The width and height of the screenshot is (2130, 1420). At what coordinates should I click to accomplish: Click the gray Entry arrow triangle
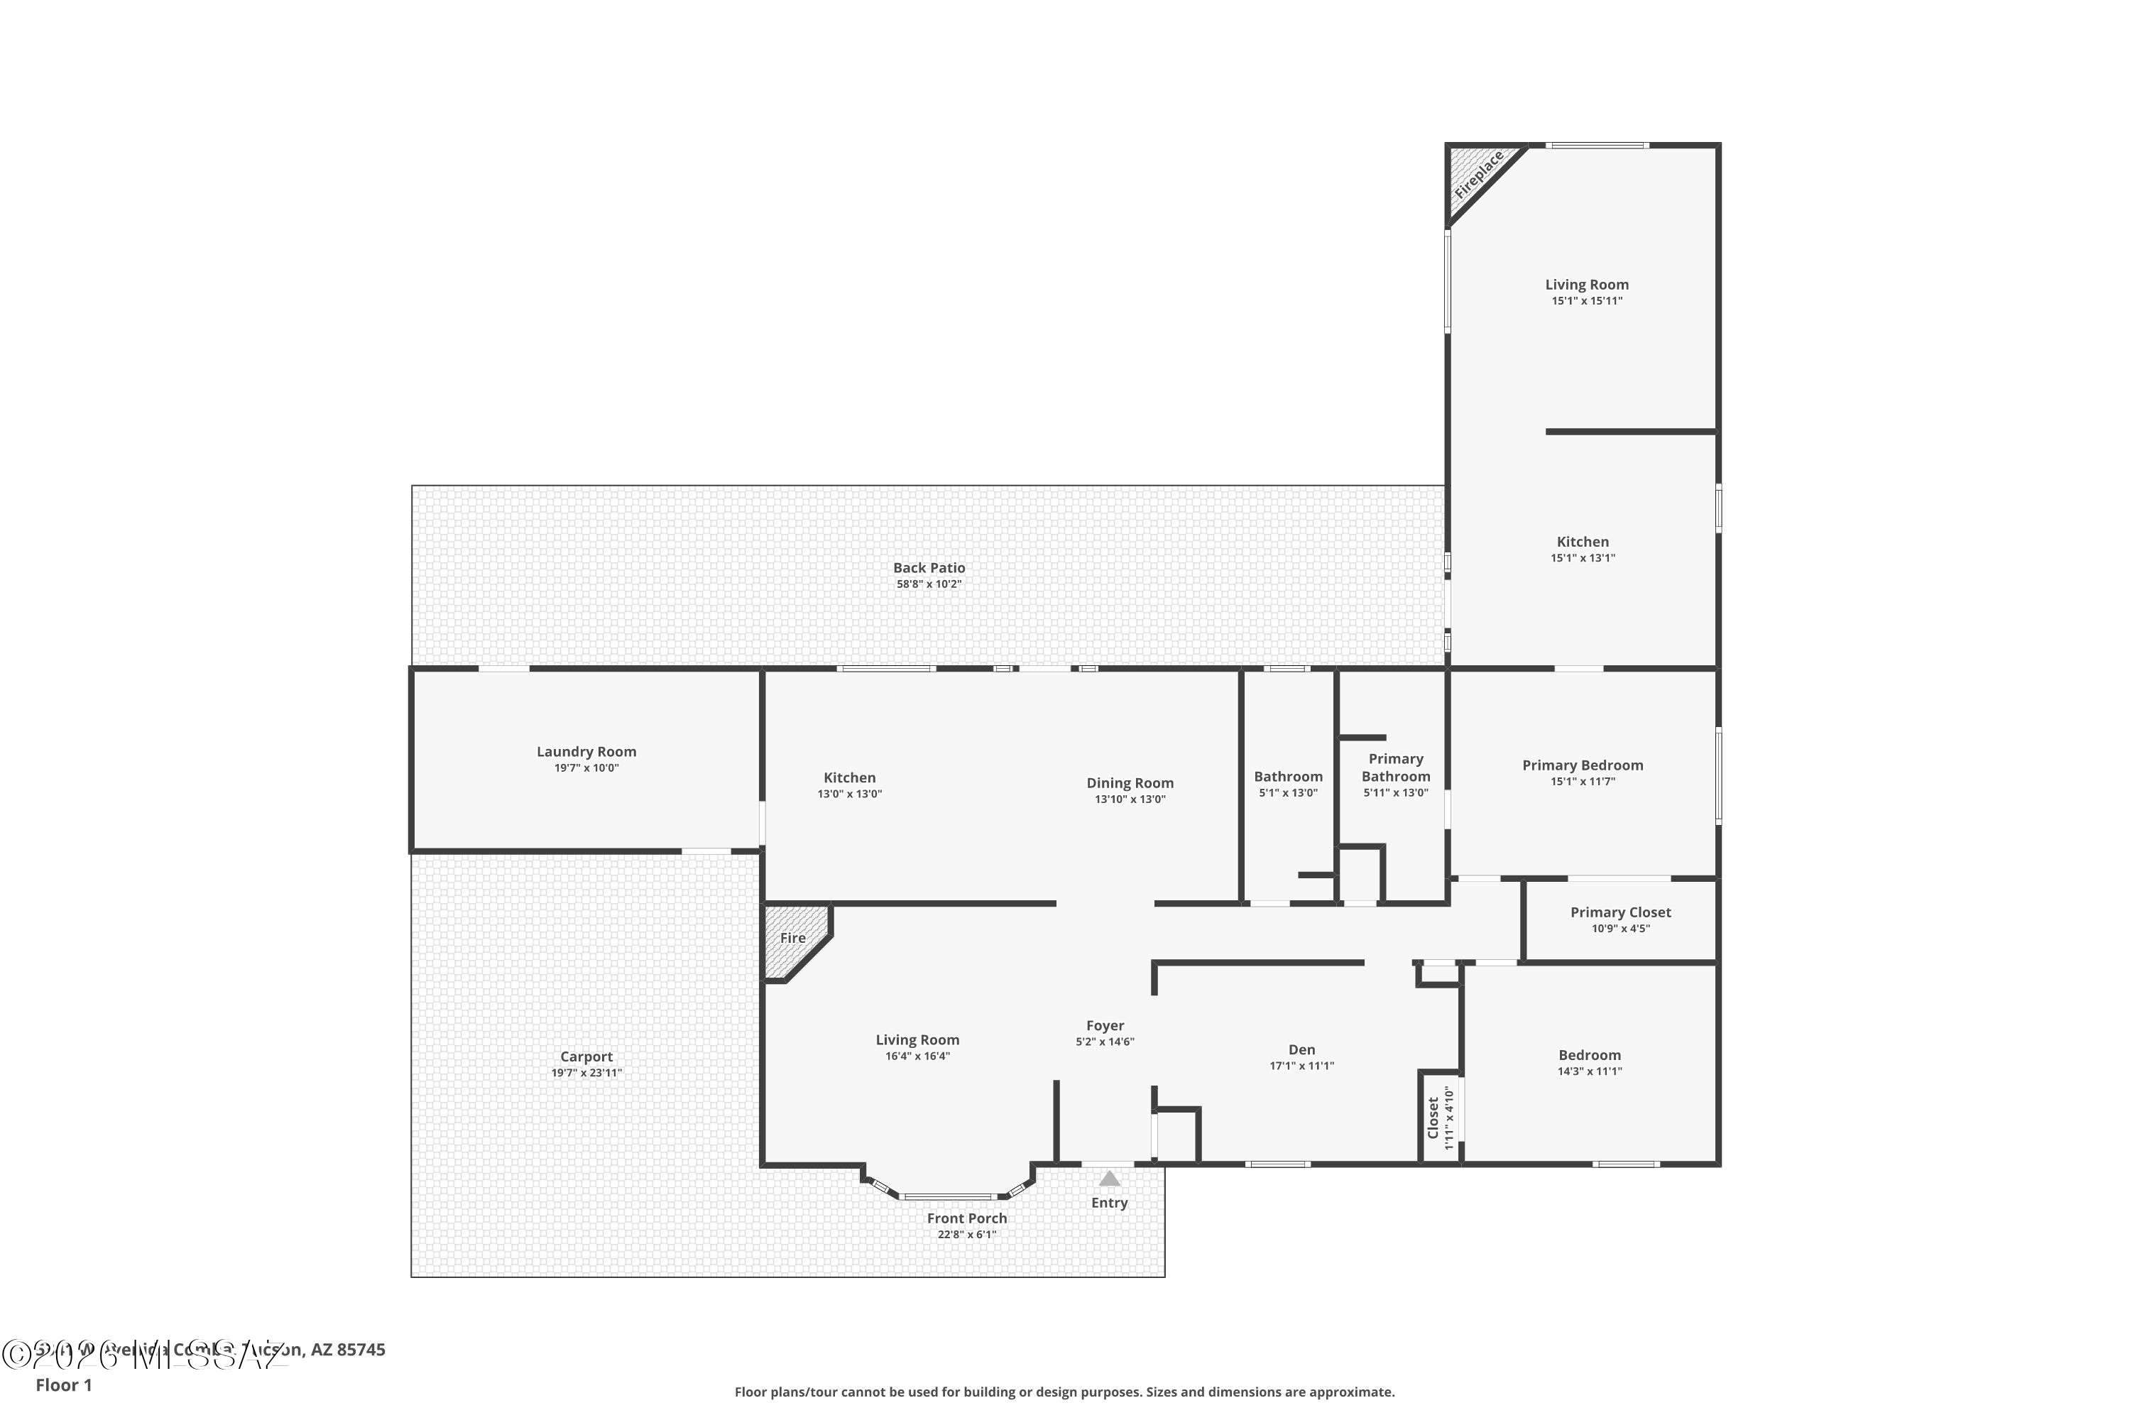pyautogui.click(x=1109, y=1178)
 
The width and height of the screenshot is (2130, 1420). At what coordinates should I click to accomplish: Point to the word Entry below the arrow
pyautogui.click(x=1109, y=1203)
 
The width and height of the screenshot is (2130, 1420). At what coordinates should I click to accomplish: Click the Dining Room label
pyautogui.click(x=1130, y=782)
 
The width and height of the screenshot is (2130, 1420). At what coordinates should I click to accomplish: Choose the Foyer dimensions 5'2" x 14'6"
pyautogui.click(x=1105, y=1042)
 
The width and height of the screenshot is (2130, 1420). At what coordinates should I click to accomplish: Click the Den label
pyautogui.click(x=1301, y=1049)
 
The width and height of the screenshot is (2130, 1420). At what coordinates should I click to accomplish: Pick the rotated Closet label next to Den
pyautogui.click(x=1433, y=1118)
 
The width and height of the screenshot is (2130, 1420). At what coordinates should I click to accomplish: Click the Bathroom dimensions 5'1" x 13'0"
pyautogui.click(x=1288, y=792)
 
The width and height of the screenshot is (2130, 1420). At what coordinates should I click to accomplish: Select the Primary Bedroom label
pyautogui.click(x=1582, y=765)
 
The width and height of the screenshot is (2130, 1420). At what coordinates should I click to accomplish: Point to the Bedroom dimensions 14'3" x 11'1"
pyautogui.click(x=1590, y=1071)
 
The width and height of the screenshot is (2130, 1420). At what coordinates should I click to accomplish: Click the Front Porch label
pyautogui.click(x=966, y=1218)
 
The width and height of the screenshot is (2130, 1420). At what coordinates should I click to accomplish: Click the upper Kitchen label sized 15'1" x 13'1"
pyautogui.click(x=1582, y=542)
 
